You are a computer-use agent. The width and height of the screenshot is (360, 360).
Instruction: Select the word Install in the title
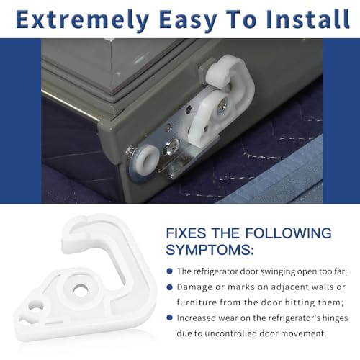pyautogui.click(x=307, y=19)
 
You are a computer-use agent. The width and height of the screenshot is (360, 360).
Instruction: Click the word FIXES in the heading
pyautogui.click(x=186, y=233)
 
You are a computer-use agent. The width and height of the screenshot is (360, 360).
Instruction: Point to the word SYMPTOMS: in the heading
pyautogui.click(x=210, y=250)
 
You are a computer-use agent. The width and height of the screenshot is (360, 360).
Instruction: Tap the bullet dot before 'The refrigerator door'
pyautogui.click(x=169, y=271)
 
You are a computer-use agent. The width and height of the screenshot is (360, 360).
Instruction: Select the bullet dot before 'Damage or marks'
pyautogui.click(x=169, y=287)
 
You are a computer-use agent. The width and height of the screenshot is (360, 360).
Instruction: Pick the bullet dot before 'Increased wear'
pyautogui.click(x=169, y=318)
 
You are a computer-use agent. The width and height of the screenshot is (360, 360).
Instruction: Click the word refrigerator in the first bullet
pyautogui.click(x=215, y=271)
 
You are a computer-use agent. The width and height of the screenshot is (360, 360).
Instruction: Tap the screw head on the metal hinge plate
pyautogui.click(x=171, y=147)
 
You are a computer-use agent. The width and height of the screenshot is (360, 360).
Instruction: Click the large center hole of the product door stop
pyautogui.click(x=81, y=289)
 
